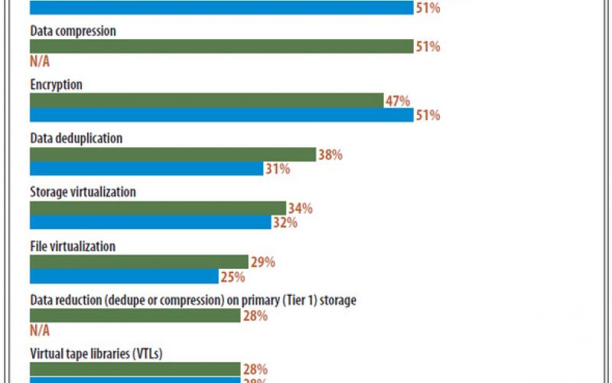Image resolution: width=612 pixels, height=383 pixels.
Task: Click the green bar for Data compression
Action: [x=221, y=47]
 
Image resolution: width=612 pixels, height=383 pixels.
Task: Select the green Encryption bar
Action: [x=206, y=100]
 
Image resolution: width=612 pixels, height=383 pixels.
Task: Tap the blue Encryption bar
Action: [x=221, y=115]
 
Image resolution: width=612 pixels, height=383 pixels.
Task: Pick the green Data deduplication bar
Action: [x=172, y=154]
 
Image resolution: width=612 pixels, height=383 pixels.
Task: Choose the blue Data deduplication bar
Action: [x=146, y=169]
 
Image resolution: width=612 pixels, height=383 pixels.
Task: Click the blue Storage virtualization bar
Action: [x=150, y=223]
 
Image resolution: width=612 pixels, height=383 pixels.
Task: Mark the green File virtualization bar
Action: [x=138, y=262]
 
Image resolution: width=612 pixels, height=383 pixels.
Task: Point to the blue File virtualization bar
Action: [x=124, y=277]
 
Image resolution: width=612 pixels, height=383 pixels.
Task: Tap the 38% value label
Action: [x=330, y=154]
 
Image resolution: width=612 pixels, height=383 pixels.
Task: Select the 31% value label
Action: [x=278, y=169]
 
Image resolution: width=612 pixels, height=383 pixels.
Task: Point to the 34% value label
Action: [x=300, y=208]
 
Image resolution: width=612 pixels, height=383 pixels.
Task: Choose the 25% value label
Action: [x=233, y=277]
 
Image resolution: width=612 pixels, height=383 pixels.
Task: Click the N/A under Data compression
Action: [x=41, y=62]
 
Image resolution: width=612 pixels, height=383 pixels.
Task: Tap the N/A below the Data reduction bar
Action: [x=41, y=331]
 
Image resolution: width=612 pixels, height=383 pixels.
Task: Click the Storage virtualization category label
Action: [x=83, y=192]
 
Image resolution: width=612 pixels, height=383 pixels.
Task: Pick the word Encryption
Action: [x=56, y=85]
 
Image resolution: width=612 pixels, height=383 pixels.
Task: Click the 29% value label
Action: [x=262, y=262]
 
